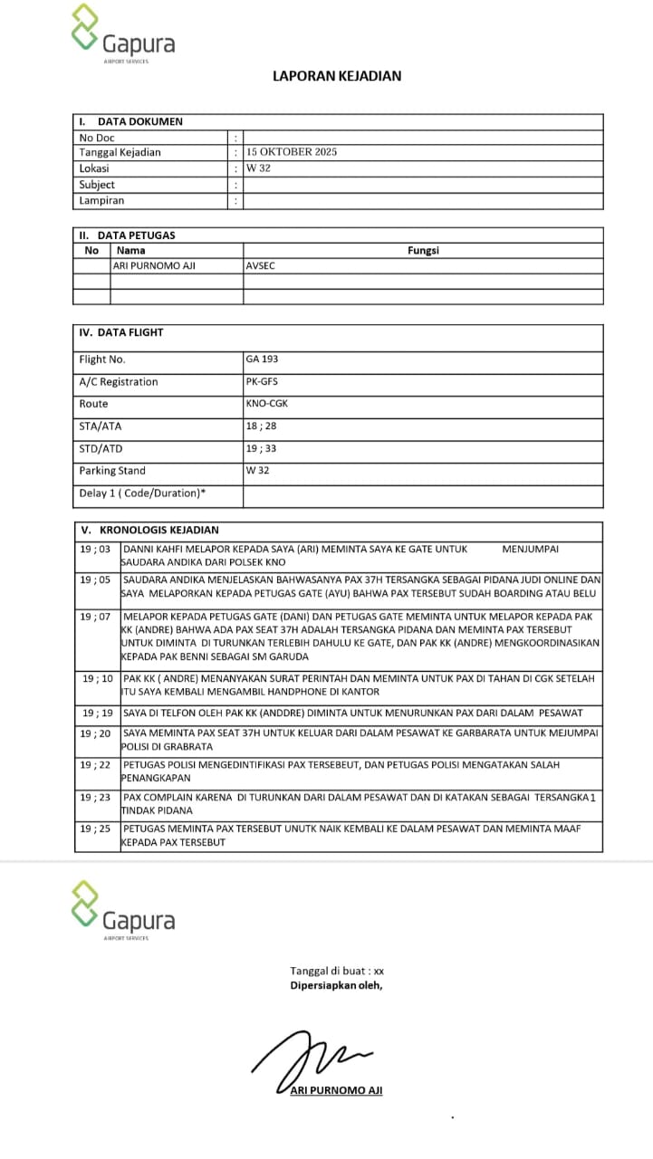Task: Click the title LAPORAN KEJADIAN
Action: click(337, 76)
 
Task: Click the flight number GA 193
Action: click(262, 359)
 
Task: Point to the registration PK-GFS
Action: click(262, 381)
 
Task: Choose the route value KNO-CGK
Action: click(266, 404)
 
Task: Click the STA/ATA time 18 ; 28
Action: click(261, 426)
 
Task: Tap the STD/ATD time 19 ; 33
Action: click(261, 448)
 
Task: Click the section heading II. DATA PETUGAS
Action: click(128, 235)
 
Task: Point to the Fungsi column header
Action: click(423, 251)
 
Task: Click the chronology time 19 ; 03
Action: click(95, 549)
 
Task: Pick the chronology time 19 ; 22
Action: click(95, 765)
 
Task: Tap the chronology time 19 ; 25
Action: click(95, 829)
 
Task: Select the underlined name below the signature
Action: click(336, 1090)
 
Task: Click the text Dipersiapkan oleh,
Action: click(336, 985)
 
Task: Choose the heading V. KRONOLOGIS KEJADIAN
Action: click(149, 530)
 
